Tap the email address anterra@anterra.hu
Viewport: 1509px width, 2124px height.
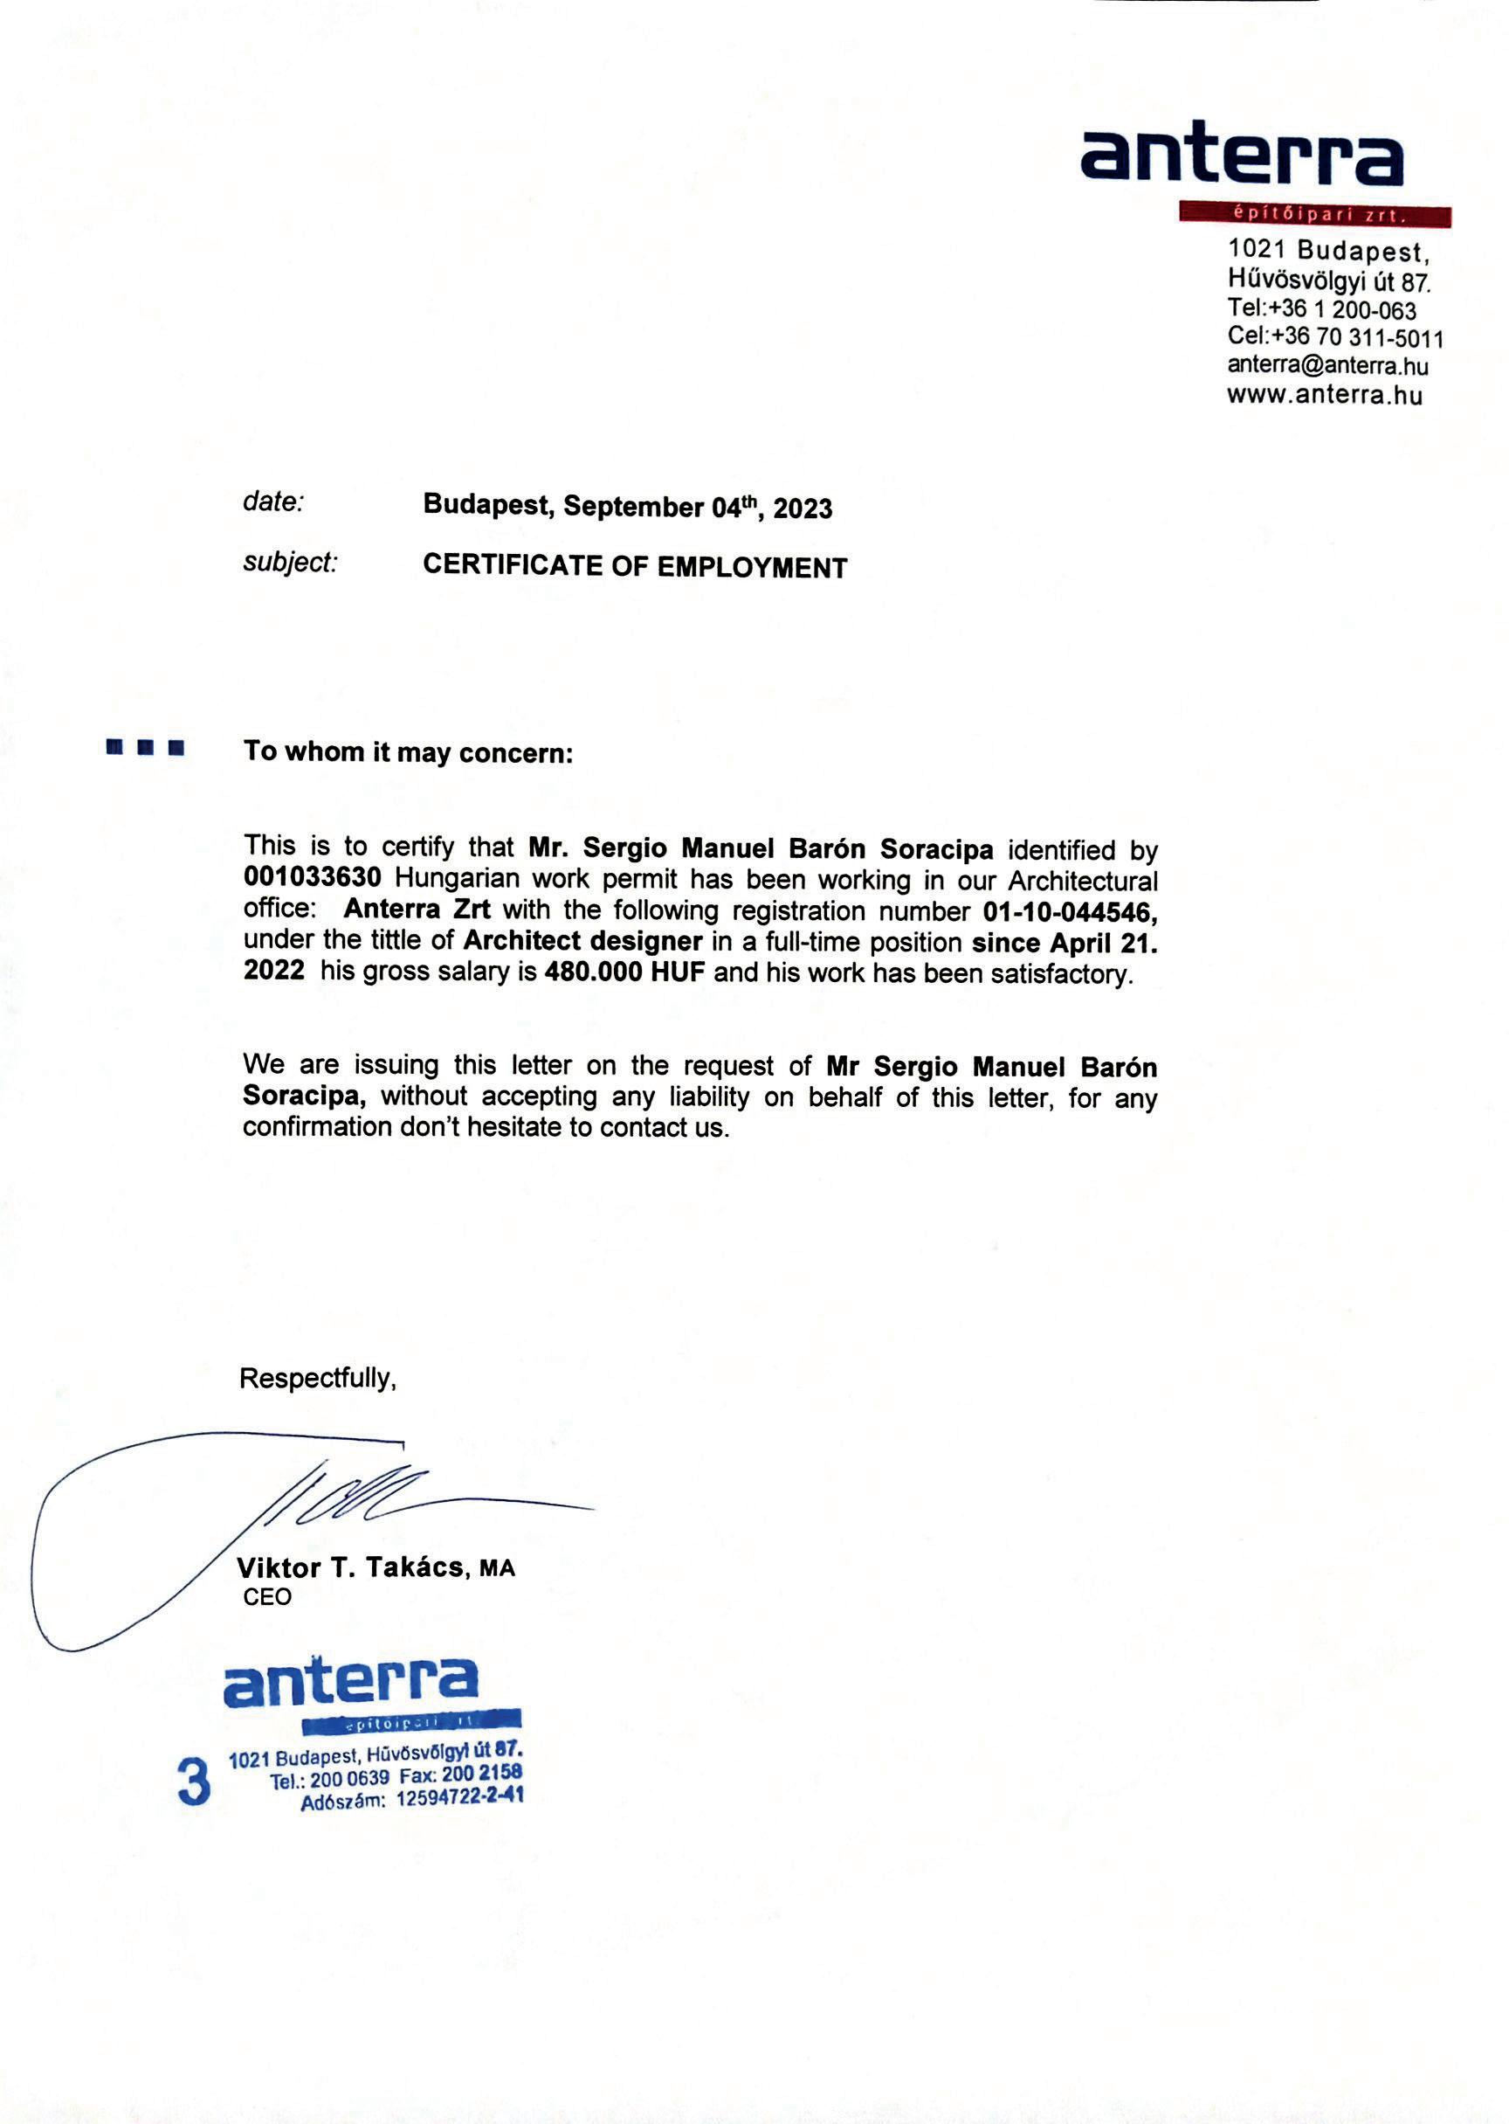1326,365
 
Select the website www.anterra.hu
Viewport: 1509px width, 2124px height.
1324,394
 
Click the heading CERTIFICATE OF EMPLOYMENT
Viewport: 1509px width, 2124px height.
635,566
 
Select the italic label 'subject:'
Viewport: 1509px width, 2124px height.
290,563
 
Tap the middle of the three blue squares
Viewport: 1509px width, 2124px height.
145,747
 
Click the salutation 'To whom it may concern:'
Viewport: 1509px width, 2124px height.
408,751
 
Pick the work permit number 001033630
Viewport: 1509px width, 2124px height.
313,877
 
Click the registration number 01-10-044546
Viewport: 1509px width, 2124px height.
1070,912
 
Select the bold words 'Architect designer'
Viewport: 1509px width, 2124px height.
582,941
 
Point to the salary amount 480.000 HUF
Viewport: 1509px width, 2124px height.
624,973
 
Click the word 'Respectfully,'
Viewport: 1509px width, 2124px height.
318,1378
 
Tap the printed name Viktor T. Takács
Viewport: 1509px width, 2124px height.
351,1567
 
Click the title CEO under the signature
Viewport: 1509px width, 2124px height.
267,1597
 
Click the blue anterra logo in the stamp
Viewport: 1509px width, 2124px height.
351,1681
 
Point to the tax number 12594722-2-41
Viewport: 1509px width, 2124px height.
459,1797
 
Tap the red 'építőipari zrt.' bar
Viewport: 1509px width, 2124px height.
1314,216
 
